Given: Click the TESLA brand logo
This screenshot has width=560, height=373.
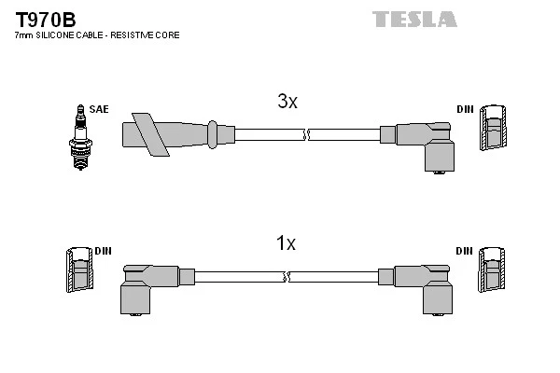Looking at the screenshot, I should [414, 19].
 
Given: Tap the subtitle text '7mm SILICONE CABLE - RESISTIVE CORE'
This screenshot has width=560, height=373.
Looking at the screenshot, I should [97, 35].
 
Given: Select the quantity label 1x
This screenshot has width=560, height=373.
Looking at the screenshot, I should [285, 244].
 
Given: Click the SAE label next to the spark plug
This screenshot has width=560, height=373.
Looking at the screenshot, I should [99, 109].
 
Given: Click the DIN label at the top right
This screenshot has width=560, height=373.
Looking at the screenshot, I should [464, 109].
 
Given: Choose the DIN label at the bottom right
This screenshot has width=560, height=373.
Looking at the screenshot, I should [464, 252].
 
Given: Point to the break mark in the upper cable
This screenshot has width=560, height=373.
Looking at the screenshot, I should [305, 135].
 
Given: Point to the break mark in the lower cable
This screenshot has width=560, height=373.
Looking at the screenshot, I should [287, 277].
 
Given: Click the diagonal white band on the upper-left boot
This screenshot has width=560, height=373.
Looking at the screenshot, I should [148, 133].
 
